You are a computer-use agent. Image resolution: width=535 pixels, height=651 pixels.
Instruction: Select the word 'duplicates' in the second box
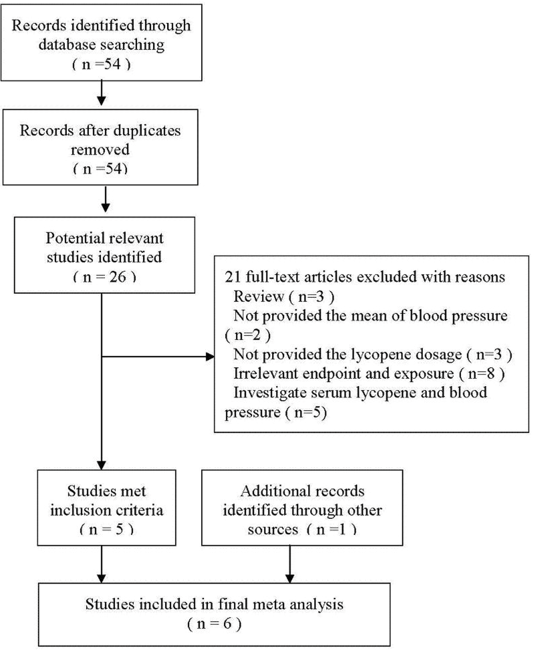pos(146,131)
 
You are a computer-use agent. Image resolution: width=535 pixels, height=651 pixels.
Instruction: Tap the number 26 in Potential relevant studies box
pos(118,277)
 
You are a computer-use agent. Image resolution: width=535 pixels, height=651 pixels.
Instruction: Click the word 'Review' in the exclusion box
pos(259,297)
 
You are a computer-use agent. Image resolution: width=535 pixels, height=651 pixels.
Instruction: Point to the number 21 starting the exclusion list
pos(233,277)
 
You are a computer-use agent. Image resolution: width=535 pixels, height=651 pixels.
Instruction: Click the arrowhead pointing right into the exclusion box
pos(210,357)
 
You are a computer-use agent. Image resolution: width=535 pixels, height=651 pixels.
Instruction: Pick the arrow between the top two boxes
pos(101,92)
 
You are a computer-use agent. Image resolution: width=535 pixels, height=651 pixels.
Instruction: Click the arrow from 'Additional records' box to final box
pos(289,564)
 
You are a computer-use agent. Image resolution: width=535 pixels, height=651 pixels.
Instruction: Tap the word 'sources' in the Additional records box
pos(273,530)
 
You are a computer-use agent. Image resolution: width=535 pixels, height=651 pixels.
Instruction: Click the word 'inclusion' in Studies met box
pos(80,510)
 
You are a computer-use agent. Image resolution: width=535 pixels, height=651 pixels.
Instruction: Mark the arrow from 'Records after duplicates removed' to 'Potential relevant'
pos(106,199)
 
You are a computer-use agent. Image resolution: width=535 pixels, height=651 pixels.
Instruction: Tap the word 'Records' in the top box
pos(39,25)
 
